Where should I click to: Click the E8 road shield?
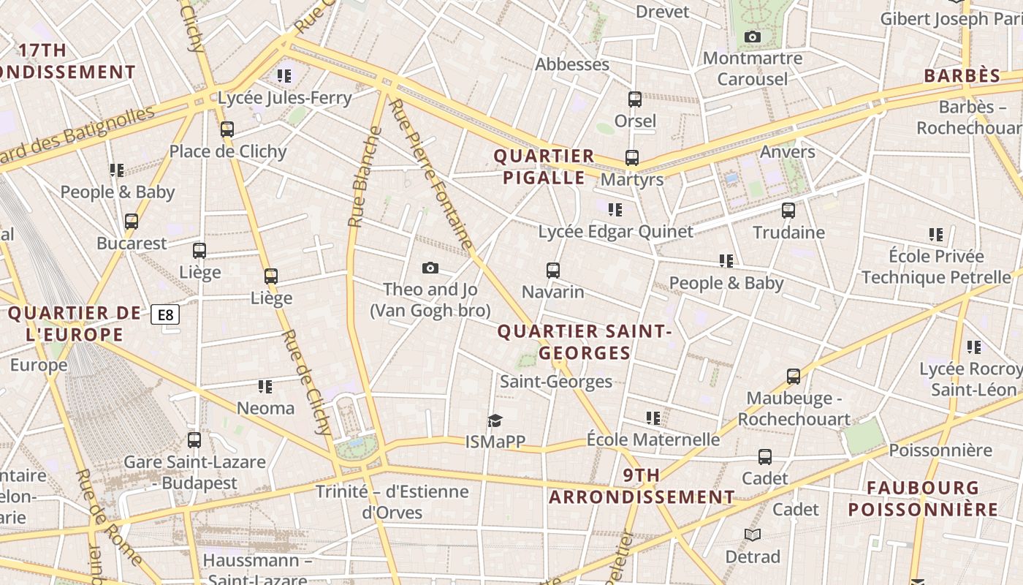(165, 315)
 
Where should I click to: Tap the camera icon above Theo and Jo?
(430, 268)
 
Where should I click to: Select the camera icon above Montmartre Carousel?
(752, 37)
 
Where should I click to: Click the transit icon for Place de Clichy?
(227, 129)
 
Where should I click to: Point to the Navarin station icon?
(553, 271)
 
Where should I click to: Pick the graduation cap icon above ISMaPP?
(495, 420)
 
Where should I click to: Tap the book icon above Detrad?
(753, 535)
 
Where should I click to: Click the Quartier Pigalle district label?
(544, 167)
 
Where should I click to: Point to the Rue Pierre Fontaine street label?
(431, 174)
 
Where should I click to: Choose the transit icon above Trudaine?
(788, 211)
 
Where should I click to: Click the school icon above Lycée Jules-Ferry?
(284, 75)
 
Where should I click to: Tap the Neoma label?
(265, 408)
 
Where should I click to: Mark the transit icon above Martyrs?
(632, 158)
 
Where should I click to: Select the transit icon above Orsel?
(635, 99)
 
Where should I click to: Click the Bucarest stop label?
(132, 243)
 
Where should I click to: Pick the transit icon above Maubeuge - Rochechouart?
(794, 377)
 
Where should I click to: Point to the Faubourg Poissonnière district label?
(923, 499)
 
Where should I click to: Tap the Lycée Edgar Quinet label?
(615, 232)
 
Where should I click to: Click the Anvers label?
(787, 151)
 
